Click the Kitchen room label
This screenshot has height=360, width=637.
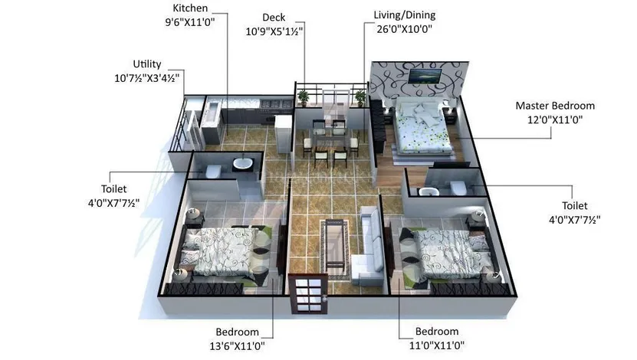click(190, 8)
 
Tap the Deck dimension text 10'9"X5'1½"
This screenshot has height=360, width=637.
click(274, 31)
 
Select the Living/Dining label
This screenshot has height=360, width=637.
click(404, 15)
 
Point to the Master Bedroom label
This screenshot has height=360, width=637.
click(555, 106)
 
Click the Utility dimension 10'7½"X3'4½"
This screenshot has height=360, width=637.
click(146, 78)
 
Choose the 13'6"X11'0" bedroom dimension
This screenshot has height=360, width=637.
click(238, 345)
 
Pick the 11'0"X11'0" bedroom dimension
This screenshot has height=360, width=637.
click(437, 345)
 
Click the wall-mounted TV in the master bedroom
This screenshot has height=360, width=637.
click(425, 76)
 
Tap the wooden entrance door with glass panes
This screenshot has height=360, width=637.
click(308, 294)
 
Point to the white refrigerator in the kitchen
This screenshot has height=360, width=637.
click(283, 133)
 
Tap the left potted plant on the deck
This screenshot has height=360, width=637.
click(303, 98)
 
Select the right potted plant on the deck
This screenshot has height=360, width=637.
click(360, 98)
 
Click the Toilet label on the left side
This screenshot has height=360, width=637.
click(113, 188)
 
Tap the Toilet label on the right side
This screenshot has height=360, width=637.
click(574, 205)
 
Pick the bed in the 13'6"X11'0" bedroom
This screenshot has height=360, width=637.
click(225, 252)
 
